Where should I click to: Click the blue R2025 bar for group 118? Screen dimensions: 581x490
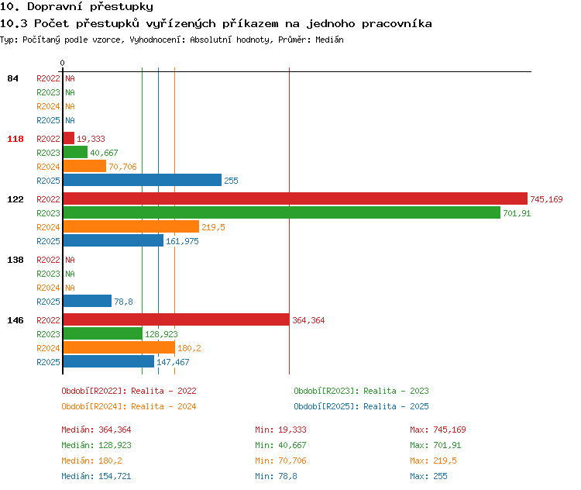[x=143, y=180]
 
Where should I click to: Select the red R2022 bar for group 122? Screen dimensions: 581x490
[x=295, y=198]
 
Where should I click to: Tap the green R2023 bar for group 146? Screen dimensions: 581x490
[x=102, y=333]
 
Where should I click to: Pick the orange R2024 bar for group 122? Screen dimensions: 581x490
[x=131, y=226]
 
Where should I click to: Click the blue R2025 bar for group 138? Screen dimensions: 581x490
[x=88, y=301]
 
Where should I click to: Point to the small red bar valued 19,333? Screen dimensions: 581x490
[x=69, y=138]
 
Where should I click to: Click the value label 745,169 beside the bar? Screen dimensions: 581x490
[x=546, y=199]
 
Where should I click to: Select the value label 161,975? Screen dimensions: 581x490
[x=182, y=241]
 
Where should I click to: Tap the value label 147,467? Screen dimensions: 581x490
[x=173, y=362]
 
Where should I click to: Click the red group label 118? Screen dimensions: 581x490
[x=15, y=139]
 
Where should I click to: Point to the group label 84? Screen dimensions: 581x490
[x=12, y=78]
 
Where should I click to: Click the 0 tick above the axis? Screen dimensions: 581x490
[x=62, y=63]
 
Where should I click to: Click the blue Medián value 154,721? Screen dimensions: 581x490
[x=115, y=476]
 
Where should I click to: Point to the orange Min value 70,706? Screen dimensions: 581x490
[x=292, y=461]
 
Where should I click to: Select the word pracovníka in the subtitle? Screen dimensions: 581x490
[x=397, y=24]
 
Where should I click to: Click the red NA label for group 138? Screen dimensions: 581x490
[x=70, y=260]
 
